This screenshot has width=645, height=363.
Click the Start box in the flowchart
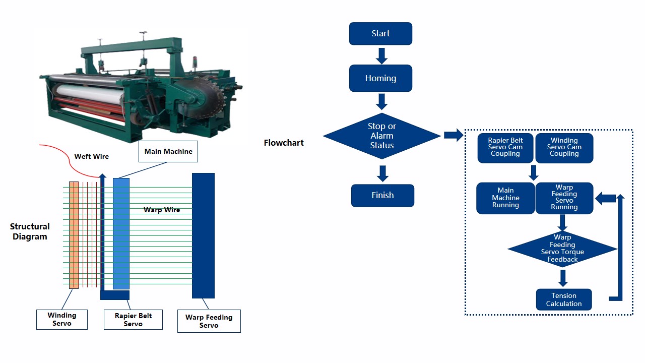click(x=380, y=34)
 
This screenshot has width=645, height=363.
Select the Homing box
click(x=380, y=78)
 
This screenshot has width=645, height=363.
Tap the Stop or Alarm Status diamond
click(x=382, y=136)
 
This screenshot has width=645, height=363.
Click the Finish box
click(x=382, y=196)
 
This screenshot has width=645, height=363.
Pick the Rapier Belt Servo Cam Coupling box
click(x=505, y=148)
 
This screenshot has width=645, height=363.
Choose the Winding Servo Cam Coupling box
click(x=564, y=148)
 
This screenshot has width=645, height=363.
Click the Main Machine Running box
click(x=505, y=198)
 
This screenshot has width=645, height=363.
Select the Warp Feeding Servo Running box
click(x=564, y=198)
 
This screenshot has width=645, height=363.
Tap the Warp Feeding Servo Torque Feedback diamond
click(x=562, y=249)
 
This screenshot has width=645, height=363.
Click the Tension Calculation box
click(x=563, y=300)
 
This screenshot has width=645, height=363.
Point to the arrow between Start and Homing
click(x=381, y=55)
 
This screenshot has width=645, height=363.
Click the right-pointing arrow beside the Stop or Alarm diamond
click(x=454, y=135)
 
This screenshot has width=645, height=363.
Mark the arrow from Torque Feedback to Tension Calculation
click(x=563, y=278)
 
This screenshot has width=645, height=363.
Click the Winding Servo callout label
click(x=62, y=319)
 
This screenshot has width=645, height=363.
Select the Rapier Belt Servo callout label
click(x=133, y=320)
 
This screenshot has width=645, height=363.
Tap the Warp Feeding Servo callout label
click(x=209, y=321)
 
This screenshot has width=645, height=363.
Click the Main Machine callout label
click(x=168, y=152)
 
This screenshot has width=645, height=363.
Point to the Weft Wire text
click(x=91, y=156)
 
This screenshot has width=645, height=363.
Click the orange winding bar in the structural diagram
click(x=74, y=235)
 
